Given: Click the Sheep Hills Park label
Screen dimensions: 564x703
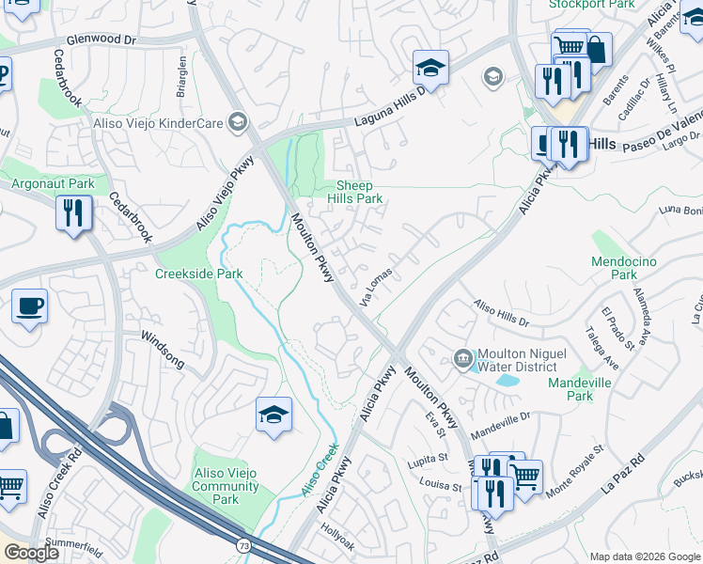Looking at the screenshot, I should [354, 193].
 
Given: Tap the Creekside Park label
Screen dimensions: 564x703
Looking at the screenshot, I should [198, 274].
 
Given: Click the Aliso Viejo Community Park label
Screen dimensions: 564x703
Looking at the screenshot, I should [225, 487].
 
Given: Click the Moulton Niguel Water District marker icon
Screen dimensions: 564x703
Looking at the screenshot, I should [462, 357].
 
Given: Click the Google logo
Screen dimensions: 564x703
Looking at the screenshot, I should [32, 553].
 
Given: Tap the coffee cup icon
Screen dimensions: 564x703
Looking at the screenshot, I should [30, 306].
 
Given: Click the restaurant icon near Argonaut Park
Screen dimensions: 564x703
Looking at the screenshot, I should [72, 212].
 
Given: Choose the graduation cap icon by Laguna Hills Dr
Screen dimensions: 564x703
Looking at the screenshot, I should [430, 68].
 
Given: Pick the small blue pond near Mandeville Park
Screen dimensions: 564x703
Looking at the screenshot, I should [508, 381].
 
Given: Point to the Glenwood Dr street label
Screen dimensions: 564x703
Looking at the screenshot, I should [101, 40].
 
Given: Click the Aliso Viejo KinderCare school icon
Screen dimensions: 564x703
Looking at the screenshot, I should [238, 121].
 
